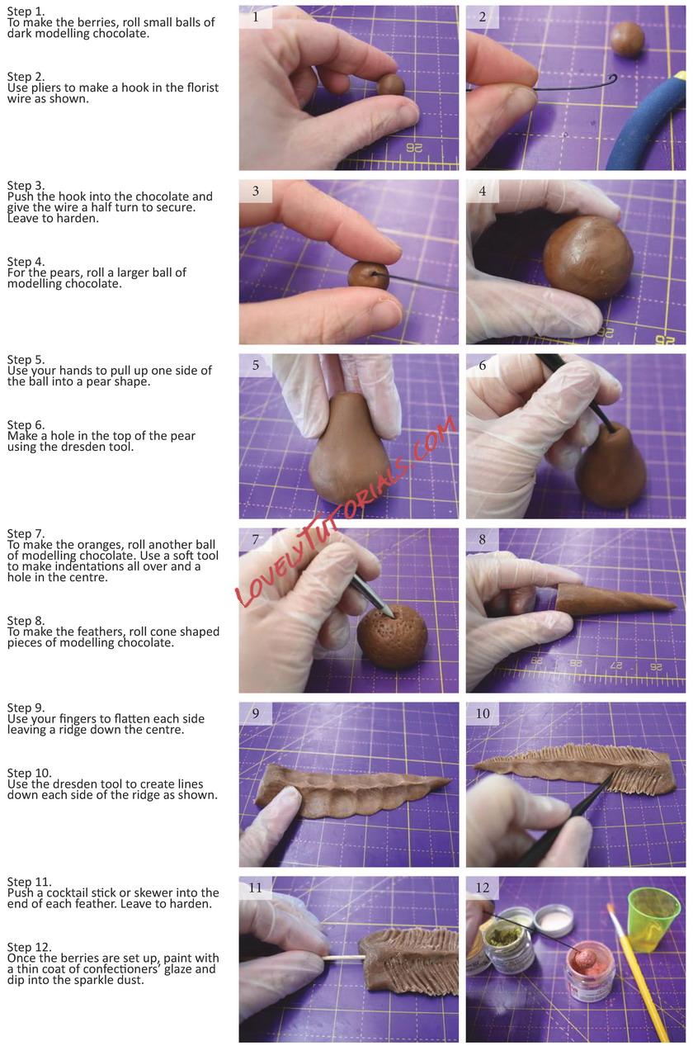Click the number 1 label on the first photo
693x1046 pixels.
(x=255, y=17)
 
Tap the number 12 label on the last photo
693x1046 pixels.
(x=483, y=887)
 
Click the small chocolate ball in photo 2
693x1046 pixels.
(x=627, y=40)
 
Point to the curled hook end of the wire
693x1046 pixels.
(x=611, y=79)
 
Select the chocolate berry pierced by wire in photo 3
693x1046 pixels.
(x=368, y=275)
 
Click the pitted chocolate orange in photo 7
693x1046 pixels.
(x=392, y=636)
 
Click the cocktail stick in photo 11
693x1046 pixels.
(x=343, y=958)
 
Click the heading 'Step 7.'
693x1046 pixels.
(x=26, y=534)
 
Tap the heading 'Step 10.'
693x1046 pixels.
(x=29, y=773)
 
